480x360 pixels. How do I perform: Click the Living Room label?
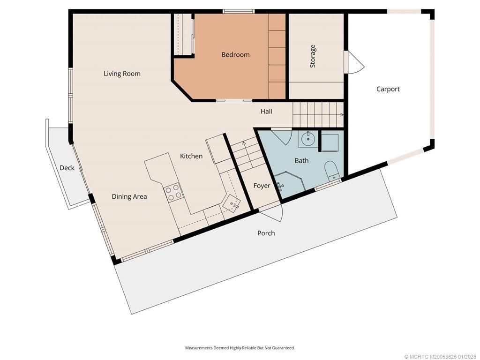pos(122,74)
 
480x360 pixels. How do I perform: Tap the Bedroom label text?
pos(235,55)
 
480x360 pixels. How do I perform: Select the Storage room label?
pos(313,56)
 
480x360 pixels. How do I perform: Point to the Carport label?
pos(388,89)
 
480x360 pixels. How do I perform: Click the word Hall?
pos(266,112)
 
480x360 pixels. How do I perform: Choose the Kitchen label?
pos(191,156)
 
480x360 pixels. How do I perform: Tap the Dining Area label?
pos(129,197)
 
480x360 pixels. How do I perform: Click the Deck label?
pos(67,168)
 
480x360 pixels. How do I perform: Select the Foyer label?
pos(262,186)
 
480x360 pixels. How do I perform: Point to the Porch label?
pos(266,233)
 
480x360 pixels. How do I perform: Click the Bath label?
pos(301,161)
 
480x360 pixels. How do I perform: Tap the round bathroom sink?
pos(308,138)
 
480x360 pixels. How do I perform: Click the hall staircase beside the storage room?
pos(318,114)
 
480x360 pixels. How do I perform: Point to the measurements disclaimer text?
pos(240,348)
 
